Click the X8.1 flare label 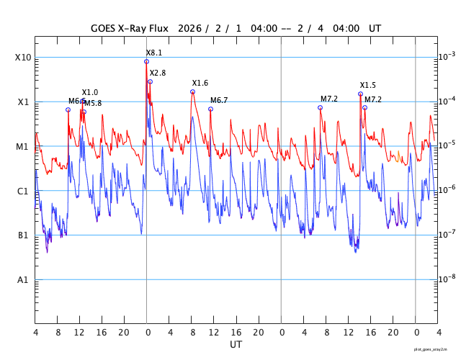pos(154,53)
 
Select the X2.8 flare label pos(158,73)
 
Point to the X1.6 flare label pos(200,84)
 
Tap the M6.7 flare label pos(219,100)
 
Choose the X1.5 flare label pos(368,86)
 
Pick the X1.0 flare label pos(90,93)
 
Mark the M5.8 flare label pos(93,104)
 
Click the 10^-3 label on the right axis pos(448,56)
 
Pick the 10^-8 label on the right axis pos(448,279)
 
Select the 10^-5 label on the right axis pos(448,145)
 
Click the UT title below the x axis pos(236,345)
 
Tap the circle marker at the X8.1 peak pos(146,61)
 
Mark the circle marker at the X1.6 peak pos(192,91)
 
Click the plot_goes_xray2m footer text pos(435,348)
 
